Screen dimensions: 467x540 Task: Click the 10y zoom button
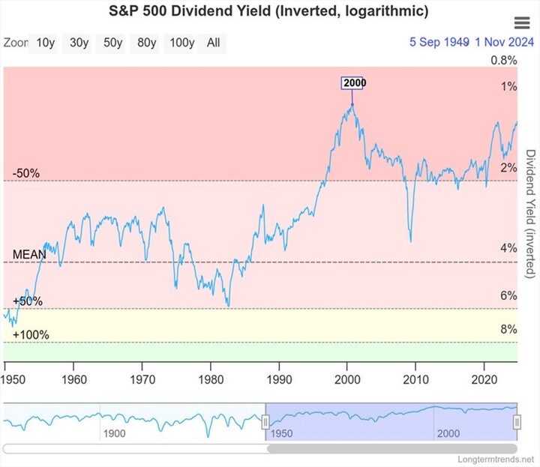point(45,43)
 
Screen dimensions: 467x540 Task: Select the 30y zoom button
point(79,43)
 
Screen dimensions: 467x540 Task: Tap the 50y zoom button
point(112,43)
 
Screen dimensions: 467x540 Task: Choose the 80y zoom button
point(146,43)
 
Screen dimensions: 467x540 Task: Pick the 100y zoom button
point(181,43)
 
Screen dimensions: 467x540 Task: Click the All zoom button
point(214,43)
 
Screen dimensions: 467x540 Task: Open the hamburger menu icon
point(522,23)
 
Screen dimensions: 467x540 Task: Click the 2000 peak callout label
point(354,83)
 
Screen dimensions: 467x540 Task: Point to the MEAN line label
point(29,255)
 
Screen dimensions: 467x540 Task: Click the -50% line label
point(26,174)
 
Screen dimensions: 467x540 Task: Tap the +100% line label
point(31,334)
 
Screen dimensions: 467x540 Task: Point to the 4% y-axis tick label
point(508,248)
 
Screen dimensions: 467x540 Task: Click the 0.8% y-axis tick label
point(504,61)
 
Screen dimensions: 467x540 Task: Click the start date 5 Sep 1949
point(439,43)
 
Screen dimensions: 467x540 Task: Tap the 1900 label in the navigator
point(114,434)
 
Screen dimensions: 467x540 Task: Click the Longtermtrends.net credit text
point(497,457)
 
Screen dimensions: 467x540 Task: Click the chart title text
point(269,12)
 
